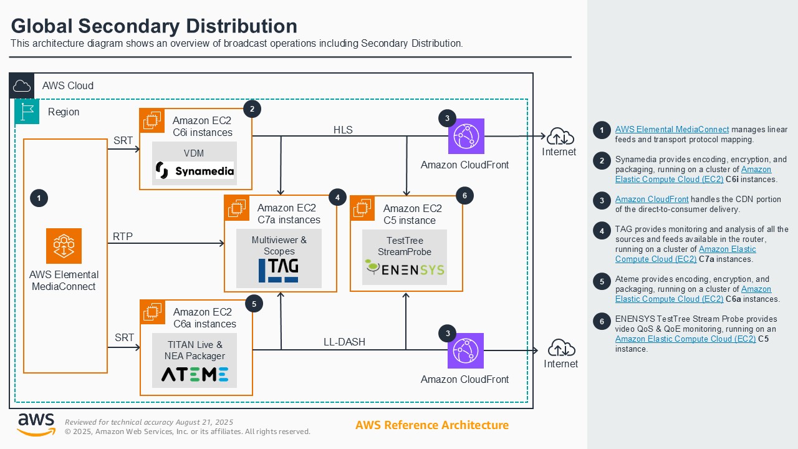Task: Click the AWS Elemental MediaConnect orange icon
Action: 64,246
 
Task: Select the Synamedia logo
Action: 195,170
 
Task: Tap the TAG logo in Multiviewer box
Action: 279,270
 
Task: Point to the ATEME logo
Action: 195,374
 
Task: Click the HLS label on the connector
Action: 343,130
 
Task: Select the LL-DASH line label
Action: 344,342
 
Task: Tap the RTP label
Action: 123,236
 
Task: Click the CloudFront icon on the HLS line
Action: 466,136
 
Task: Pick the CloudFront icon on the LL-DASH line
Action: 466,350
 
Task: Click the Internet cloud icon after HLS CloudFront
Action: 560,135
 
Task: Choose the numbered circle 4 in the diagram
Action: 337,197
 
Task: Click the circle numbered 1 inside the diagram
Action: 39,198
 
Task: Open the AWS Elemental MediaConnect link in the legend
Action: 663,130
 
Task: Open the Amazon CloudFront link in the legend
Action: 651,200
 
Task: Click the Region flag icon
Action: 27,112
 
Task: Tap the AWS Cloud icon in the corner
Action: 22,85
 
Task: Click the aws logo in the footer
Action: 36,424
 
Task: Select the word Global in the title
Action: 42,26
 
